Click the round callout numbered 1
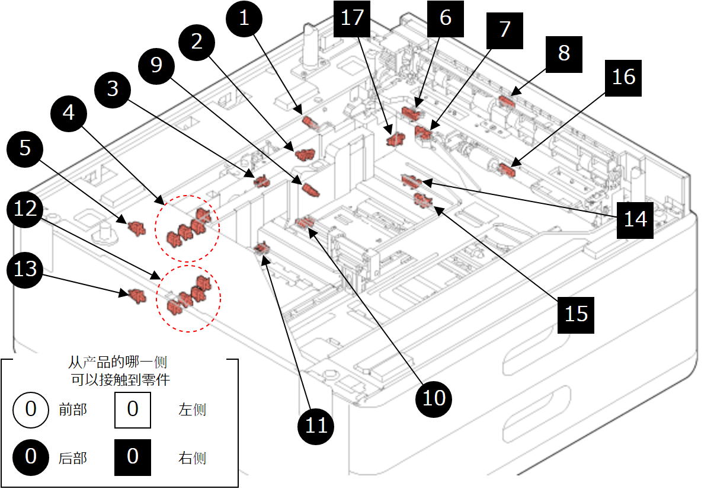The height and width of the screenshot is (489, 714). [x=244, y=18]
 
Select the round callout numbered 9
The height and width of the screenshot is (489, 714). [x=156, y=64]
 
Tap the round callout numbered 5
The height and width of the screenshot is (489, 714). [x=25, y=147]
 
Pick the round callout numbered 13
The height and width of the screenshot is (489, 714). [x=25, y=269]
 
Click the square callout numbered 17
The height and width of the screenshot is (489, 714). [x=352, y=18]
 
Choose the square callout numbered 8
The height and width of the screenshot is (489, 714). [x=563, y=53]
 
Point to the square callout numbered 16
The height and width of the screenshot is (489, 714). [x=623, y=77]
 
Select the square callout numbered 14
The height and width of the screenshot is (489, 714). [x=635, y=220]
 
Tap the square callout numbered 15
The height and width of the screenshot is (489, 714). [x=576, y=314]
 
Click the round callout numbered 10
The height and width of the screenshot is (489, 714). [x=434, y=397]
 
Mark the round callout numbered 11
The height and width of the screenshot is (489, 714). [x=316, y=425]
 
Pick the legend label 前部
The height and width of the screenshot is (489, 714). [x=73, y=410]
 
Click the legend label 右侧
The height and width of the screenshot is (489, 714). [x=192, y=458]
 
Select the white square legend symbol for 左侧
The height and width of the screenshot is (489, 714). [x=132, y=410]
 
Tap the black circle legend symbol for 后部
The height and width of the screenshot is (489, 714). [x=31, y=457]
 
